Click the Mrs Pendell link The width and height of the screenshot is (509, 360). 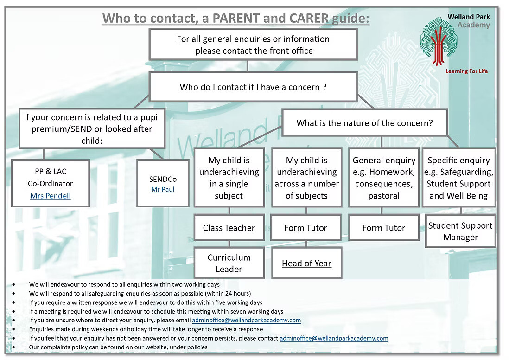51,196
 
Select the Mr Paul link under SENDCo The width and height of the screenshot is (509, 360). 163,189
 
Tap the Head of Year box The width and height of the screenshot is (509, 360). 306,263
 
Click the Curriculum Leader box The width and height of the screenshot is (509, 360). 229,263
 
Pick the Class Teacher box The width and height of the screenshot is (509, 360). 229,228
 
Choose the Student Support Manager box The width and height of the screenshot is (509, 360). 460,231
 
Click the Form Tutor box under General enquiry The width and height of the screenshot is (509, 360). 383,228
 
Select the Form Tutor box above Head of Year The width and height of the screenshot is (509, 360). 306,228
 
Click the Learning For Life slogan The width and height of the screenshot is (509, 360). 466,71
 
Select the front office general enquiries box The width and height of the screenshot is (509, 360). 253,45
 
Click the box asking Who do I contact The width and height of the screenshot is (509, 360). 253,87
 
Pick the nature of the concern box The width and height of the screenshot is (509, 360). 364,123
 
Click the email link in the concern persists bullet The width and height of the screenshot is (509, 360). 334,338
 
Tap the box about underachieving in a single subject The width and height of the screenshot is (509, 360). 229,178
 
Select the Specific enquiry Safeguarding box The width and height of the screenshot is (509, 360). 458,178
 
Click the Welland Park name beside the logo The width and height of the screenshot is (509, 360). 469,17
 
